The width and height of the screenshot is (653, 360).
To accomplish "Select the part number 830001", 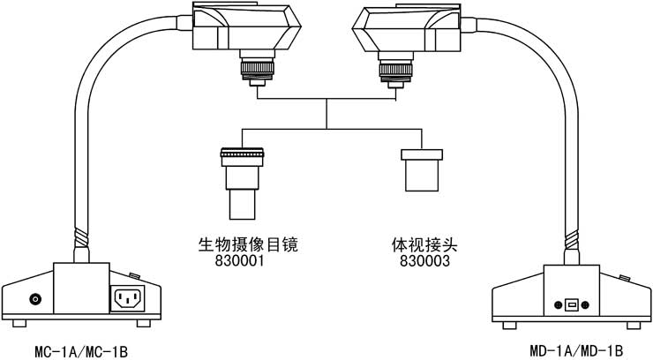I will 241,261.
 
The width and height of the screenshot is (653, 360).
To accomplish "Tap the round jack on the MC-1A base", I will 36,299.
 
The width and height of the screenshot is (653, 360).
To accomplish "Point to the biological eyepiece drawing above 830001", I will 243,181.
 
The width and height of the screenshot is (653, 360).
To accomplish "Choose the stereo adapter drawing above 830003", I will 420,170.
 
